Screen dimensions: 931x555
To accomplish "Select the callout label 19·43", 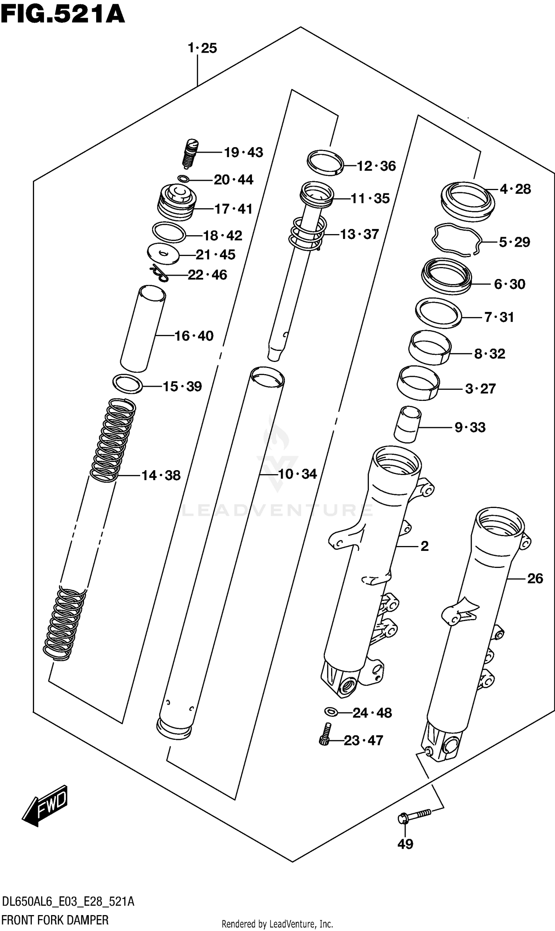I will [243, 152].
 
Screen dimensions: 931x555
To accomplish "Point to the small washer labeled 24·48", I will [332, 711].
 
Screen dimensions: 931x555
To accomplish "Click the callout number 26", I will [535, 578].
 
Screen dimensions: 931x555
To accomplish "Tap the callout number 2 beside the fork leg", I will [424, 546].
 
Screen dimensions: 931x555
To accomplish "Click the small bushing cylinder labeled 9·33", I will [407, 425].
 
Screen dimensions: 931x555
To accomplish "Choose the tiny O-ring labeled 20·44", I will [183, 179].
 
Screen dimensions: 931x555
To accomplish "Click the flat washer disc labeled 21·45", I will [163, 254].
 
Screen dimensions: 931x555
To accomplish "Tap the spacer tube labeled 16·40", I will [142, 329].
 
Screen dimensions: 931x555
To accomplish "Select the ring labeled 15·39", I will [128, 383].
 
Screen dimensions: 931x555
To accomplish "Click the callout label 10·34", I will [297, 474].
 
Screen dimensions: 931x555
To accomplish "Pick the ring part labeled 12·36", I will [325, 162].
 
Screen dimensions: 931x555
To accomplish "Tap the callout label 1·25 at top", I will [202, 48].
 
